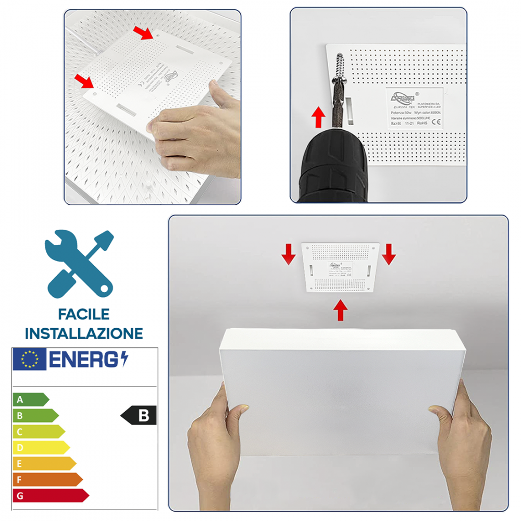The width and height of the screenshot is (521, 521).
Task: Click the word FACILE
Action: pyautogui.click(x=84, y=314)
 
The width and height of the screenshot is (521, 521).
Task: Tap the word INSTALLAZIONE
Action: pyautogui.click(x=84, y=333)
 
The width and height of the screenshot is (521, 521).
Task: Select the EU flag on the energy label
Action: pyautogui.click(x=30, y=359)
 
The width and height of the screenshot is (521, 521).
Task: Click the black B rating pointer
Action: pyautogui.click(x=139, y=415)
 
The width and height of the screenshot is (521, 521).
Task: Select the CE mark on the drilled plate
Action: pyautogui.click(x=437, y=123)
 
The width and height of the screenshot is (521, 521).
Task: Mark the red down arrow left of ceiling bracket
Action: pyautogui.click(x=288, y=254)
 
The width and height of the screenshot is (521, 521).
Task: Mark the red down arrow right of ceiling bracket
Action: pyautogui.click(x=389, y=254)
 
